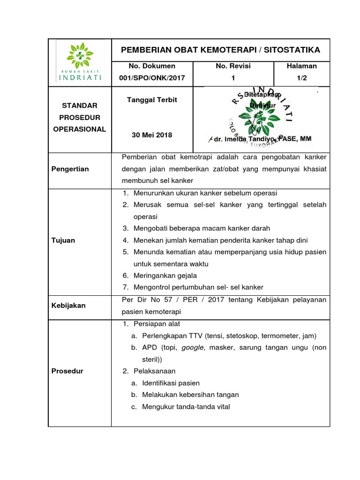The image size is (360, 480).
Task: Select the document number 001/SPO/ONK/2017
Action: coord(145,78)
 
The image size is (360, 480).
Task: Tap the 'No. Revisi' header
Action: coord(233,66)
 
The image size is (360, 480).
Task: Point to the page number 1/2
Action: coord(301,78)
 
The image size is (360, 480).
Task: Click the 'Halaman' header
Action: coord(301,66)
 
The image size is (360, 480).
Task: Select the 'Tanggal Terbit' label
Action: coord(152,100)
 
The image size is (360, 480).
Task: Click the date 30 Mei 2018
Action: coord(152,135)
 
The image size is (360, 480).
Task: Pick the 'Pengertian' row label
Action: coord(70,169)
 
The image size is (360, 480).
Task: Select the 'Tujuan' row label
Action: coord(63,240)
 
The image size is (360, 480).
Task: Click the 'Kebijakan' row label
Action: coord(68,306)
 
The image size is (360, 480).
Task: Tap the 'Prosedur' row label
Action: coord(67,371)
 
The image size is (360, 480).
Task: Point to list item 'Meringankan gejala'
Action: coord(165,276)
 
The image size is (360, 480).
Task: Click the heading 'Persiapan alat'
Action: coord(157,324)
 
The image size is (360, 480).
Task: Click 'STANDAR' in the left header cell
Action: coord(80,106)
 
